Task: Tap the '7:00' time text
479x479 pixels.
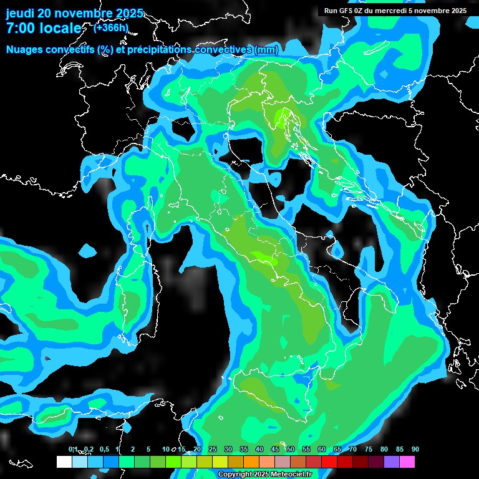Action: (21, 29)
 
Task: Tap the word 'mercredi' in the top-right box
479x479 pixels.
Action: (390, 11)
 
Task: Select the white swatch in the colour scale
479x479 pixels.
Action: (64, 462)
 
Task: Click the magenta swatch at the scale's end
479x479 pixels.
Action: (407, 462)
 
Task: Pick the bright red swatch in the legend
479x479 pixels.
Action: (329, 462)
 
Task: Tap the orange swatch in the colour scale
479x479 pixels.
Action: (251, 462)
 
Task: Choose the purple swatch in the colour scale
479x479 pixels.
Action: (392, 462)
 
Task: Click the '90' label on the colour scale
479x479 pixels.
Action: (415, 450)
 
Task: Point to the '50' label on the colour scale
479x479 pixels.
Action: (291, 450)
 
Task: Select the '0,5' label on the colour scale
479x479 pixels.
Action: (104, 450)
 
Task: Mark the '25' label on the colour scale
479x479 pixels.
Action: (213, 450)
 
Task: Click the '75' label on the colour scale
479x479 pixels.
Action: (369, 450)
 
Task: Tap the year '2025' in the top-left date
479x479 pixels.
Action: (129, 13)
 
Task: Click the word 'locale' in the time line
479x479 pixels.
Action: (60, 29)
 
